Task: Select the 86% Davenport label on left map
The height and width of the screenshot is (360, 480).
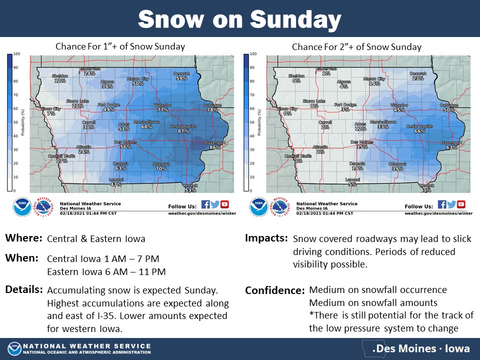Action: tap(215, 147)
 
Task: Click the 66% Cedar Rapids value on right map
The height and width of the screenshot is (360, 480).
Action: tap(419, 131)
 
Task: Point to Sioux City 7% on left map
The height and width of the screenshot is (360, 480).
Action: tap(50, 113)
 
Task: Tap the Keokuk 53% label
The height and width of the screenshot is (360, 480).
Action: tap(190, 190)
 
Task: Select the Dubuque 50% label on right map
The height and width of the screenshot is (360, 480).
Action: tap(449, 109)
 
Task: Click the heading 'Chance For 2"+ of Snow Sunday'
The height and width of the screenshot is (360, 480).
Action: tap(356, 47)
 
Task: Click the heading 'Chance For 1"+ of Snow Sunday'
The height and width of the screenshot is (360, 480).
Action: tap(120, 46)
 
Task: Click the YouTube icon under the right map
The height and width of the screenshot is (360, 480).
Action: tap(460, 204)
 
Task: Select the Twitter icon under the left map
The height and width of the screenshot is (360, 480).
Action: tap(215, 204)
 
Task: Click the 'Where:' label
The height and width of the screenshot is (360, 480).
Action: tap(23, 238)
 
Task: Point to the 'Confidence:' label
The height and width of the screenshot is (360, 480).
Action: tap(274, 290)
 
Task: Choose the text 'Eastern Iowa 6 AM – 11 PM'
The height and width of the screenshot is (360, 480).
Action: tap(106, 272)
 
